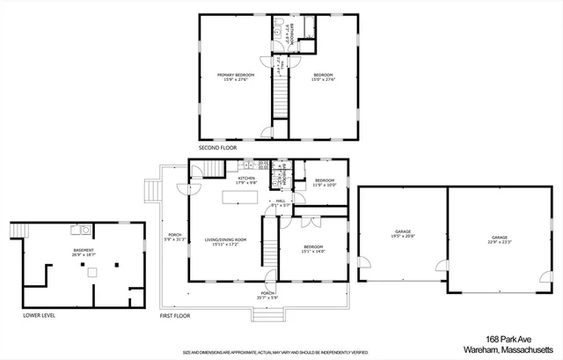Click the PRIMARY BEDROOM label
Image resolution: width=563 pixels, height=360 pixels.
pos(233,75)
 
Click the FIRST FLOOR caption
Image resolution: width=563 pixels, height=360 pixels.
pos(176,314)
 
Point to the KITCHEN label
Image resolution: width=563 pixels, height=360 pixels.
pos(245,180)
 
